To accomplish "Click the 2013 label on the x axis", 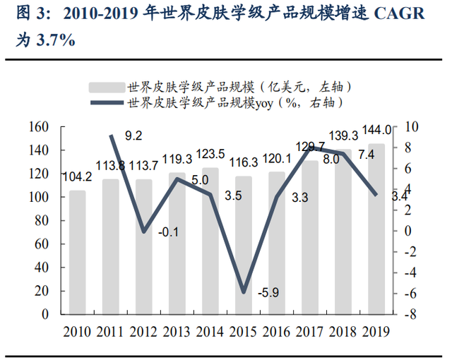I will pos(177,331).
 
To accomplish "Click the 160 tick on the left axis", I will pos(39,127).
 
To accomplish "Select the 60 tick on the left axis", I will pos(42,244).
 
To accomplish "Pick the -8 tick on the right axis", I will pos(411,314).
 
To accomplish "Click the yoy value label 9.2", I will pos(133,136).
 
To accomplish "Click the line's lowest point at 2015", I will pos(244,292).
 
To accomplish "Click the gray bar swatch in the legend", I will pos(106,87).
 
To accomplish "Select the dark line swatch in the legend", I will pos(106,103).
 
